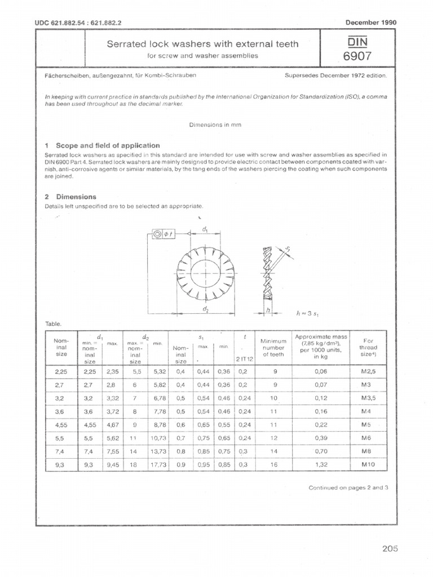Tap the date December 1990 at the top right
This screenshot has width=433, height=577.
370,23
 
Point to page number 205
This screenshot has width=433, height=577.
389,548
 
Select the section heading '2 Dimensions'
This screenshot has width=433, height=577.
70,197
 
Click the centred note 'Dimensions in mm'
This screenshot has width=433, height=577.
215,125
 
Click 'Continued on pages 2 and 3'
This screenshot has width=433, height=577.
349,488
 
